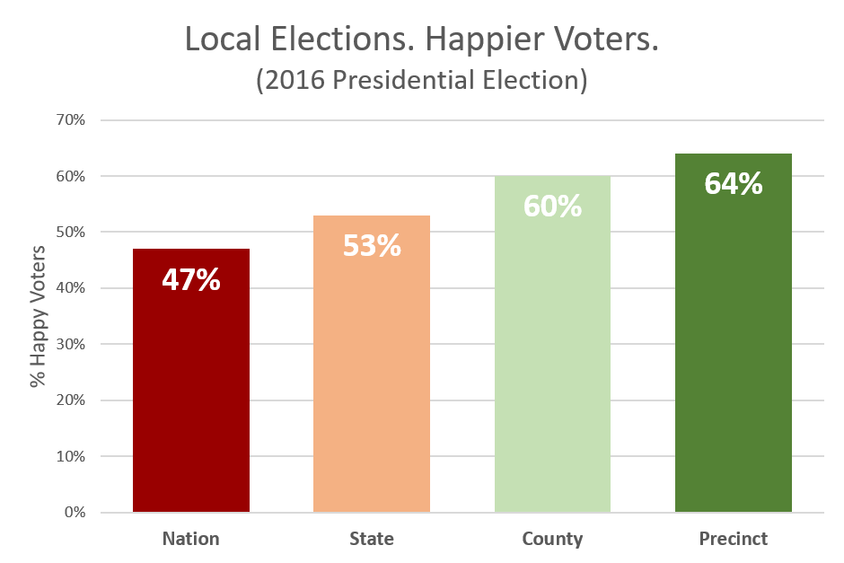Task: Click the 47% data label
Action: pos(191,280)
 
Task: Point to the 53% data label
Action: pos(372,246)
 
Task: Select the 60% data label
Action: pos(552,207)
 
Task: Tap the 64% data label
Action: pos(734,184)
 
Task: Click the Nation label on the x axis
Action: pos(191,539)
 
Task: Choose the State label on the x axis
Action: pos(372,539)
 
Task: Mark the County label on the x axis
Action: pos(552,539)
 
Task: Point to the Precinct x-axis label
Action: pos(734,539)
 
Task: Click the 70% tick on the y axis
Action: pos(71,120)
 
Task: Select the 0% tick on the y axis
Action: pos(75,513)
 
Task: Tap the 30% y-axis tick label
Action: pos(71,345)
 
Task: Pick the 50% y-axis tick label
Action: pos(71,233)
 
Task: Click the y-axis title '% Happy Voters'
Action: pos(38,315)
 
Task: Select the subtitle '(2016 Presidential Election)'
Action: pos(422,80)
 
